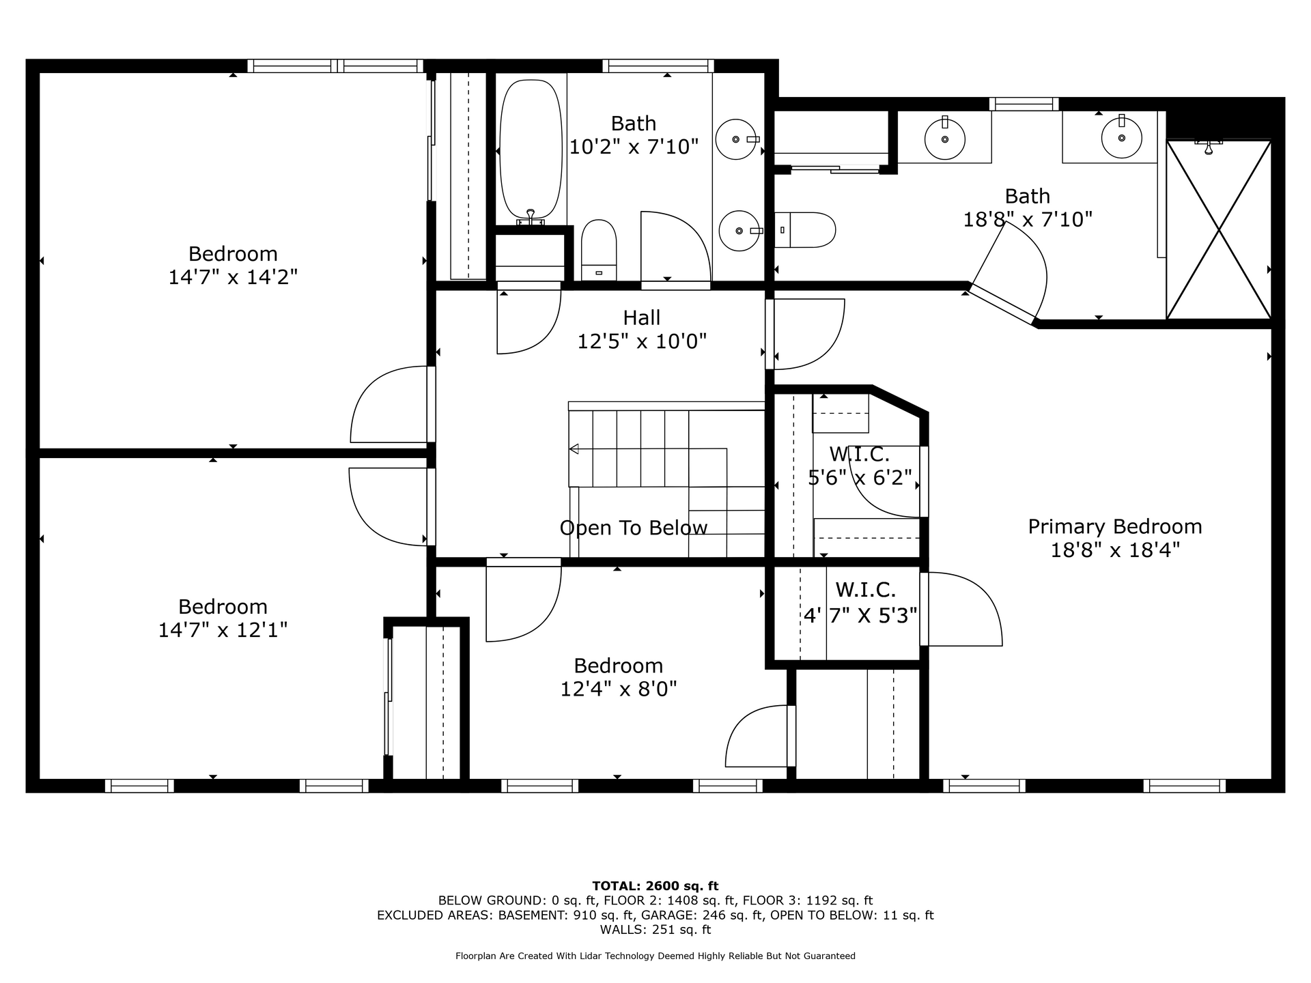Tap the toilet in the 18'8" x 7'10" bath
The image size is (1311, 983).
[805, 230]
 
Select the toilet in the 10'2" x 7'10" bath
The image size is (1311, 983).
[599, 250]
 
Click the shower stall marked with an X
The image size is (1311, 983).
[1219, 229]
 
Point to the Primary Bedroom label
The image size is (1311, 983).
[1115, 526]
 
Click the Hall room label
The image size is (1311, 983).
[642, 317]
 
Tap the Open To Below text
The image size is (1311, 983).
[634, 528]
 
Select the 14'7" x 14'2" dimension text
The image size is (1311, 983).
[233, 276]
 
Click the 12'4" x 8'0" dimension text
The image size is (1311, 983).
[619, 689]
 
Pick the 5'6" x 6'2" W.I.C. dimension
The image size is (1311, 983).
[860, 477]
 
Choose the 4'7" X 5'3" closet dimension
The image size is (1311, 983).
[860, 616]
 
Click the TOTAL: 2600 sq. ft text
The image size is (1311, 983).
[655, 886]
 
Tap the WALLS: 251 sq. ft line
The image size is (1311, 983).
[655, 930]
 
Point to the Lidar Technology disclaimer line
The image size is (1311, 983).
[655, 956]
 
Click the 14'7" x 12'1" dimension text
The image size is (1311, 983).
[223, 629]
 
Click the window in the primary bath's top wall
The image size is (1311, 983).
[1024, 104]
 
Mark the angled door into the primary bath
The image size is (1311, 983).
[1002, 304]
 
